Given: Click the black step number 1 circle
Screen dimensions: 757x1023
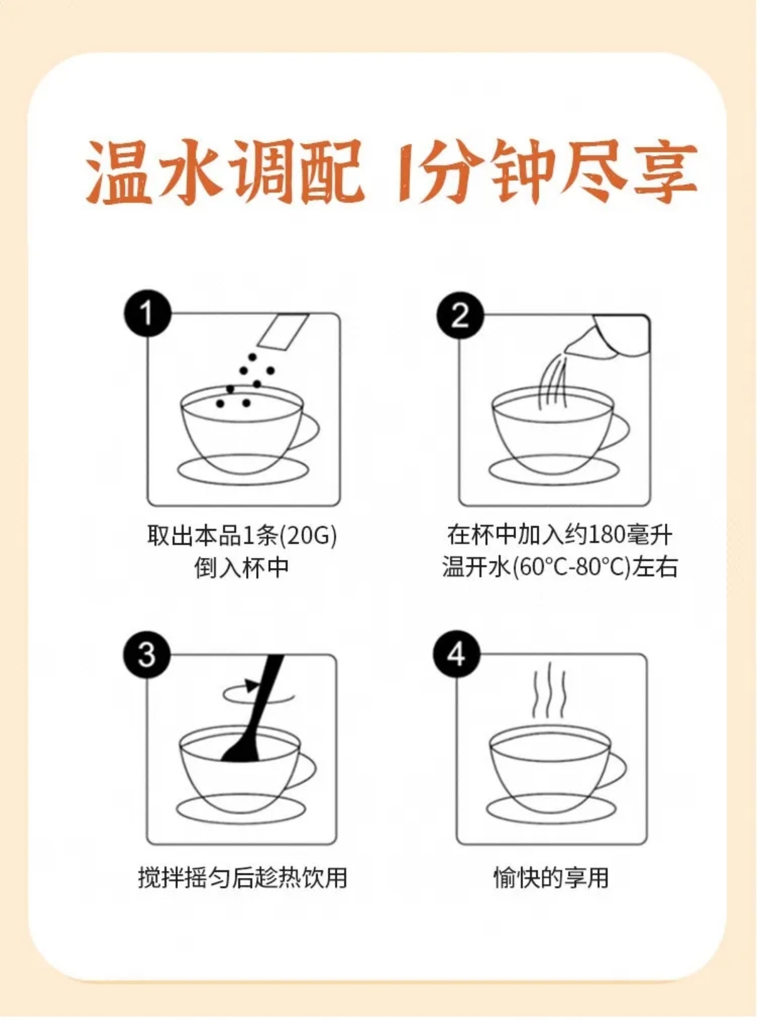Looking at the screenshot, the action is click(147, 314).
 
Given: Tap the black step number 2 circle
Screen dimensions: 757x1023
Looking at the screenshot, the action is click(460, 316).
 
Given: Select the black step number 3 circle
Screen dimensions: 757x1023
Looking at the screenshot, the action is click(146, 654).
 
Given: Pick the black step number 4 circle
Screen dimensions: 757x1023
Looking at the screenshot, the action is click(457, 654).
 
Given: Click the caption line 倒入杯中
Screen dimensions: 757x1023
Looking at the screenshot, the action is click(241, 567).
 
